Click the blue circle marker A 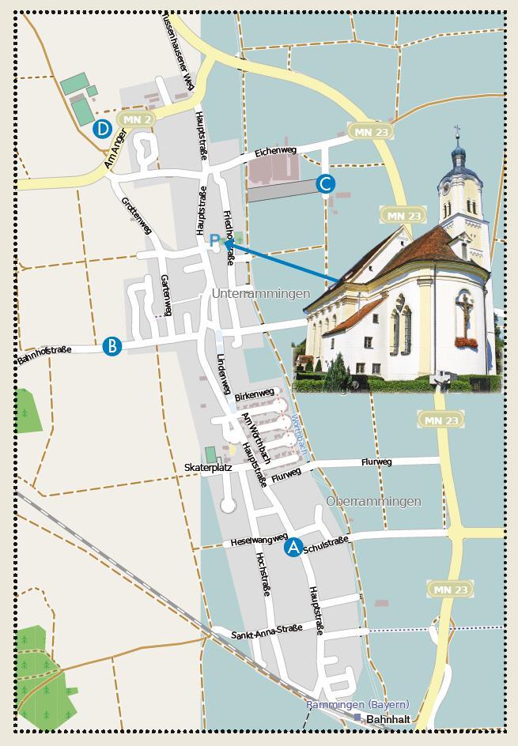[x=293, y=546]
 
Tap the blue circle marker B [x=112, y=346]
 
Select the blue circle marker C [x=325, y=184]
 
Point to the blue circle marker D [x=102, y=129]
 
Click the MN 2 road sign [x=137, y=119]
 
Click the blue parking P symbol [x=214, y=240]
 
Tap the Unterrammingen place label [x=260, y=294]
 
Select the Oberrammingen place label [x=373, y=502]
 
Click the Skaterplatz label [x=208, y=468]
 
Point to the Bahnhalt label [x=388, y=720]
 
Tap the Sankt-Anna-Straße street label [x=267, y=631]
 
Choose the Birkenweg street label [x=255, y=394]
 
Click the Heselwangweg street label [x=259, y=541]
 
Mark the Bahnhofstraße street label [x=44, y=354]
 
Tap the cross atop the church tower [x=457, y=130]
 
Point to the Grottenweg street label [x=136, y=214]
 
